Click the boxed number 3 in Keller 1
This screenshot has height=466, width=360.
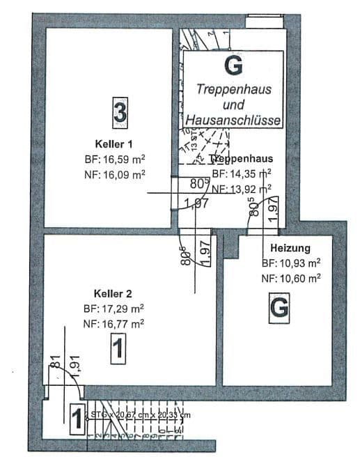point(120,112)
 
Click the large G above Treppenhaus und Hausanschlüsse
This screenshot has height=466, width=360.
point(235,66)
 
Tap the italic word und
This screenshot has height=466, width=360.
point(233,105)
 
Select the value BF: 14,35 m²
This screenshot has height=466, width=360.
point(241,174)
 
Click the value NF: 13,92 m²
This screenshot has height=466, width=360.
point(241,189)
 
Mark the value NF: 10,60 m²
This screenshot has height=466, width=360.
point(290,277)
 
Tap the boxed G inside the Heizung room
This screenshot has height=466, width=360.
point(279,307)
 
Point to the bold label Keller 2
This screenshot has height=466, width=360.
point(113,293)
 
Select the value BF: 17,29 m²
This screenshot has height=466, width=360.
point(113,308)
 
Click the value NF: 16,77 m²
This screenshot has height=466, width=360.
point(113,323)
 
